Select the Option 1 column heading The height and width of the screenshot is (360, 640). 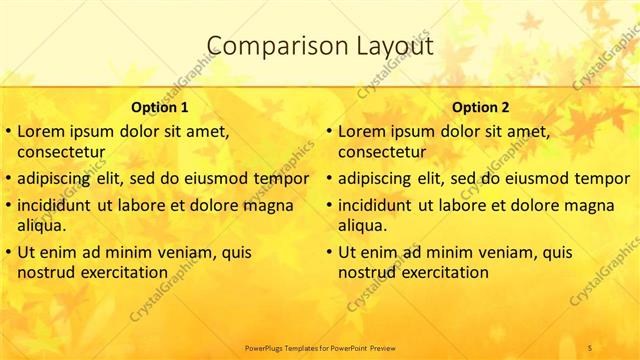[159, 107]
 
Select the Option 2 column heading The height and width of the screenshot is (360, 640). [480, 107]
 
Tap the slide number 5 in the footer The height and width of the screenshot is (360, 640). [590, 347]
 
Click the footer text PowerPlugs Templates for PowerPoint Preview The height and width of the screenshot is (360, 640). [320, 347]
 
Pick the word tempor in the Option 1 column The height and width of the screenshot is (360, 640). [282, 179]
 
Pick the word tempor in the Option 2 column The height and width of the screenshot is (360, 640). [602, 179]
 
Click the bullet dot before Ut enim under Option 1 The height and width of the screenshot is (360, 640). [9, 252]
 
